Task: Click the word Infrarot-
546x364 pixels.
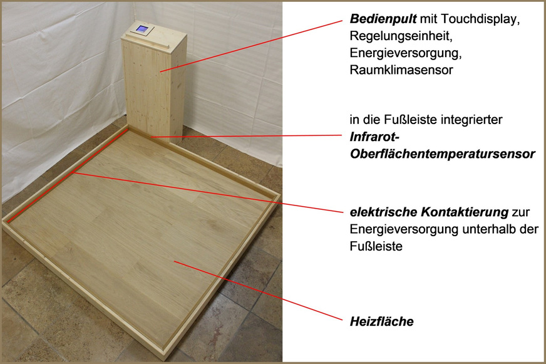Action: [x=373, y=137]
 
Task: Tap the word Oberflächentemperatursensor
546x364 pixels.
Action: [x=442, y=153]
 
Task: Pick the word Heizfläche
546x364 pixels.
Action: [x=381, y=322]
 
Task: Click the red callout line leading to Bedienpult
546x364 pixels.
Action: [x=250, y=44]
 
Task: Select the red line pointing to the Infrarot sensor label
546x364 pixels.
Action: [x=250, y=135]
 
